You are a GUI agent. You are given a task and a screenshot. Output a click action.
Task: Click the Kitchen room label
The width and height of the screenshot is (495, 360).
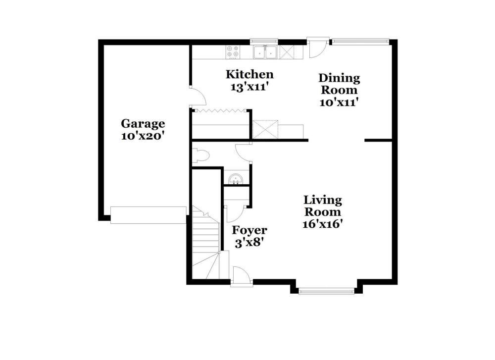pos(249,75)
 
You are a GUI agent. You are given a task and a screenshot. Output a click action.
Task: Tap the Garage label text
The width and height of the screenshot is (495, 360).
pos(143,123)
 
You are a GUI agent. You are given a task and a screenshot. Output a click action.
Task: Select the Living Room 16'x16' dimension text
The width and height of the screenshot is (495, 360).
pos(323,224)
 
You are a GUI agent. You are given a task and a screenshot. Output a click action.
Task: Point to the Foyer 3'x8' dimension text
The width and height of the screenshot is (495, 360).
pos(249,243)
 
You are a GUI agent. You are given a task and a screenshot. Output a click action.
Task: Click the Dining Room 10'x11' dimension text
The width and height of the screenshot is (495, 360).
pos(339,103)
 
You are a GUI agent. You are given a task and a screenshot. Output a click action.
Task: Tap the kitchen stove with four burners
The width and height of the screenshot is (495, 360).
pos(233,52)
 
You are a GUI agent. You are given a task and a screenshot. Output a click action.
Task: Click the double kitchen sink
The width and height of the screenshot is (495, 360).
pos(265,52)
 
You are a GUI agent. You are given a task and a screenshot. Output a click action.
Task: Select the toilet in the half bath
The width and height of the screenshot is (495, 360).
pos(201,155)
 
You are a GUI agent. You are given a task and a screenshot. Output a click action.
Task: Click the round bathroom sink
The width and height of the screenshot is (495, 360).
pos(236,179)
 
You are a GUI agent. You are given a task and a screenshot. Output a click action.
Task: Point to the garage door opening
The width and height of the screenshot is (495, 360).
pos(148,215)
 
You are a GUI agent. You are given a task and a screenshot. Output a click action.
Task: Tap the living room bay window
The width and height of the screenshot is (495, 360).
pos(326,291)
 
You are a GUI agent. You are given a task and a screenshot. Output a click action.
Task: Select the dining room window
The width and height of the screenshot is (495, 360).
pos(360,41)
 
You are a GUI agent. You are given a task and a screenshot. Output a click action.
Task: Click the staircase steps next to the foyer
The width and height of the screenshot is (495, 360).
pos(206,243)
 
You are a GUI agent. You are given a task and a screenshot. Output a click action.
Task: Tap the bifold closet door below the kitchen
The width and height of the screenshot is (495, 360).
pos(221,110)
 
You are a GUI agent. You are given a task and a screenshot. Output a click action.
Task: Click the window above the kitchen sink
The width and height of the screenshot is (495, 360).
pos(264,41)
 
